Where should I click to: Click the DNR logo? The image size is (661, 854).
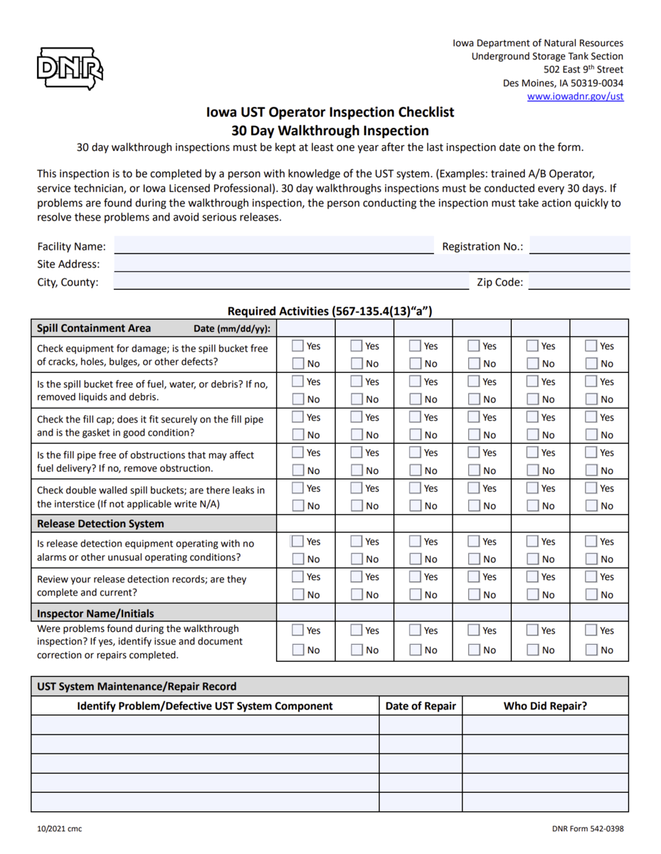(x=70, y=69)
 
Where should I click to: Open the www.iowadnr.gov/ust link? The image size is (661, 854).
(x=575, y=96)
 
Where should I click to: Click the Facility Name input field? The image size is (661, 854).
(x=274, y=246)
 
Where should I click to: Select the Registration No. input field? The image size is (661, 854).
(x=579, y=246)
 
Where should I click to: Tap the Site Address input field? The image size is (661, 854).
(x=371, y=264)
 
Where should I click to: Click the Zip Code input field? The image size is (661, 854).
(x=579, y=282)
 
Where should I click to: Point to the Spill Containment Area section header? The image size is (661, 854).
(x=94, y=328)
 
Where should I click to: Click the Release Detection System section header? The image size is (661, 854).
(x=100, y=524)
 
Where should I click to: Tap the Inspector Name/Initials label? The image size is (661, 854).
(x=95, y=613)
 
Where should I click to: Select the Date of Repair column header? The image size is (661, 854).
(x=421, y=706)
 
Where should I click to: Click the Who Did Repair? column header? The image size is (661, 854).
(x=545, y=706)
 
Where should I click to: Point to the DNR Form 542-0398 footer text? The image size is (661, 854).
(x=588, y=828)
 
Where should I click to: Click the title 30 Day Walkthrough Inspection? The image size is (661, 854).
(x=330, y=131)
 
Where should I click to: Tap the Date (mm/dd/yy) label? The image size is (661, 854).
(x=232, y=329)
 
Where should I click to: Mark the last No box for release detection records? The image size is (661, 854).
(x=591, y=595)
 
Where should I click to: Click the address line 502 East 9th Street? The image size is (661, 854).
(x=583, y=70)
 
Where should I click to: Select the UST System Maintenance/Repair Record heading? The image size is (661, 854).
(x=137, y=687)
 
